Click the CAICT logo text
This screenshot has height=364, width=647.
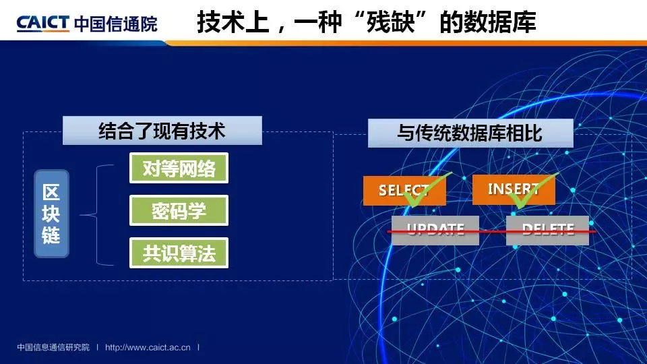pyautogui.click(x=43, y=24)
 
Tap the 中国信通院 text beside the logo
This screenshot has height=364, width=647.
pyautogui.click(x=116, y=24)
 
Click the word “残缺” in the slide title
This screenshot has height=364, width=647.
pyautogui.click(x=390, y=22)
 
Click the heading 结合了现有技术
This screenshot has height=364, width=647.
pyautogui.click(x=162, y=131)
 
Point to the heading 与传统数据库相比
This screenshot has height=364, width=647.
pyautogui.click(x=470, y=133)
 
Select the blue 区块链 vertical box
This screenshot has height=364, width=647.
pyautogui.click(x=52, y=214)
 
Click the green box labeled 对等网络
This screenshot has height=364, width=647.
pyautogui.click(x=179, y=168)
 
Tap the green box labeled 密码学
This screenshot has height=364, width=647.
pyautogui.click(x=179, y=210)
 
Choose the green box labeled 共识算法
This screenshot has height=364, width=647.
pyautogui.click(x=179, y=253)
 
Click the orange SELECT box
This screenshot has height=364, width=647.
pyautogui.click(x=404, y=190)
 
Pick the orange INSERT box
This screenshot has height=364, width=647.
pyautogui.click(x=514, y=189)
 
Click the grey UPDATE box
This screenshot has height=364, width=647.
pyautogui.click(x=435, y=231)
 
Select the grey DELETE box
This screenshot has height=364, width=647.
pyautogui.click(x=547, y=231)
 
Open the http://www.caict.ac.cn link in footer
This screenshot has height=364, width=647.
pyautogui.click(x=148, y=348)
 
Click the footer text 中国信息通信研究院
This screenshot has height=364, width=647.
pyautogui.click(x=53, y=348)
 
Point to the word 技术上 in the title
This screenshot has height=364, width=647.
pyautogui.click(x=233, y=22)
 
